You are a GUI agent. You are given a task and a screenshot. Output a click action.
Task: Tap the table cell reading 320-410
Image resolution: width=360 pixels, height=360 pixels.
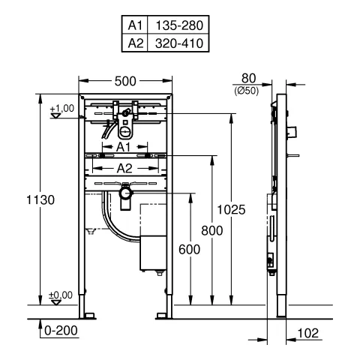(177, 43)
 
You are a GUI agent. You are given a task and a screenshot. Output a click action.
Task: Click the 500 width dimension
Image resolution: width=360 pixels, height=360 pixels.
(124, 80)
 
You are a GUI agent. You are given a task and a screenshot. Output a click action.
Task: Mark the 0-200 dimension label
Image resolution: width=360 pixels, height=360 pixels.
(60, 329)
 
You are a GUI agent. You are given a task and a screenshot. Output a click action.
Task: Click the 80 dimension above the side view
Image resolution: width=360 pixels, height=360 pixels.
(248, 77)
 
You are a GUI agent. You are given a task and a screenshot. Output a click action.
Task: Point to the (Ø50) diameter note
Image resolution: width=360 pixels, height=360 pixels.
(248, 88)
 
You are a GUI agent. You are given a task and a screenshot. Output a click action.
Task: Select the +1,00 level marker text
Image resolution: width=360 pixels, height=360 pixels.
(61, 109)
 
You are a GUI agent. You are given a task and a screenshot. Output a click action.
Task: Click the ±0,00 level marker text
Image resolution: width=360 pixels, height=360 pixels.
(61, 295)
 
